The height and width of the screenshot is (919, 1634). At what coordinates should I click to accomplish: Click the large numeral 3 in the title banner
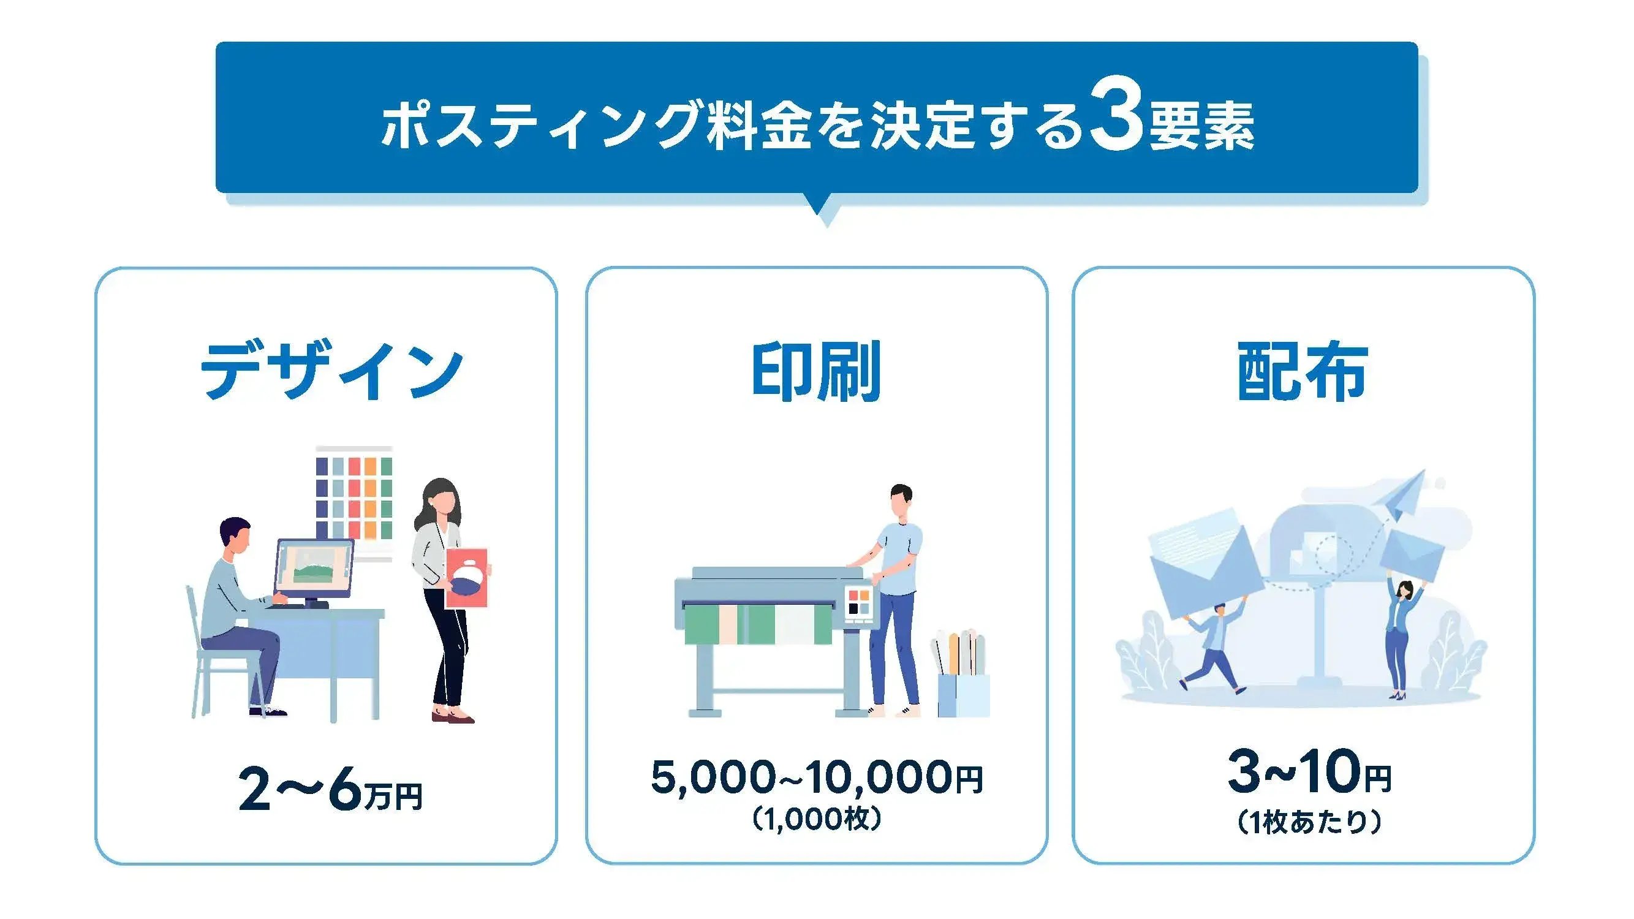coord(1117,121)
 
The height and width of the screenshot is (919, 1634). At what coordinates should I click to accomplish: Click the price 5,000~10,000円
coord(816,777)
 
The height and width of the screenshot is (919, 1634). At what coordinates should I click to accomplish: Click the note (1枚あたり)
coord(1309,822)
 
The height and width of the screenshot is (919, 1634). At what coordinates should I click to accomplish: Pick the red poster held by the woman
coord(467,578)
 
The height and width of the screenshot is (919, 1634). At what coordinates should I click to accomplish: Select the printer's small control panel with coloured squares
coord(860,602)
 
